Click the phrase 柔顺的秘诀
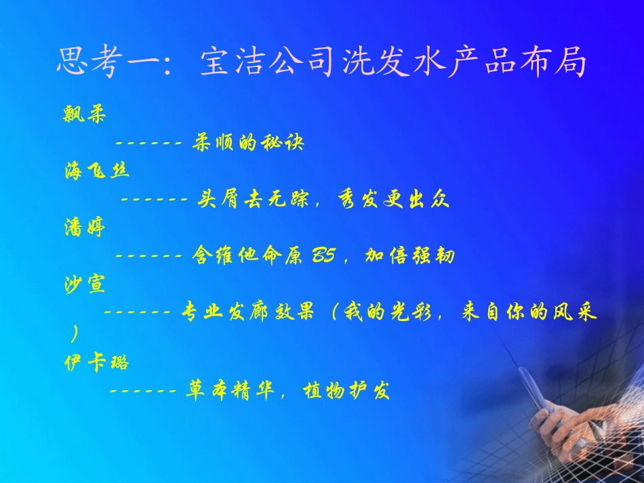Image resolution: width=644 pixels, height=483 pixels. tap(248, 143)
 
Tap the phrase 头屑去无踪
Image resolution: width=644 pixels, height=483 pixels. tap(252, 200)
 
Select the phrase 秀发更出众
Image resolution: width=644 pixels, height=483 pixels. tap(393, 200)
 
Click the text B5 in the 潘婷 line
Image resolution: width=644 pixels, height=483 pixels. tap(323, 257)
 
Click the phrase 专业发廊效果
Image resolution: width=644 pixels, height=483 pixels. tap(248, 314)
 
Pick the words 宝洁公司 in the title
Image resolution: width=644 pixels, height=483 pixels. tap(266, 63)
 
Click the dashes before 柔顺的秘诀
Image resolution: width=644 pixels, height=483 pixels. tap(148, 144)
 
